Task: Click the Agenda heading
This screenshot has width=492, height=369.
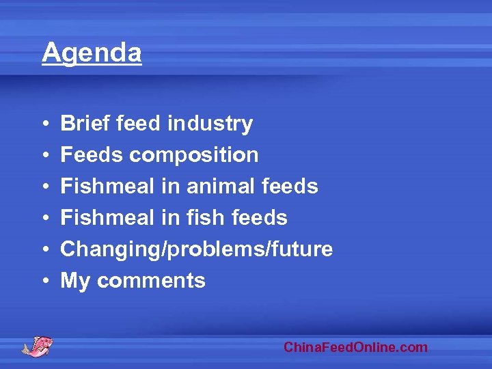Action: click(x=92, y=53)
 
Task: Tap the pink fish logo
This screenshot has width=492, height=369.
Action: click(x=37, y=345)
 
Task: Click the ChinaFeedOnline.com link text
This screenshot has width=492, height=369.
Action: click(x=355, y=347)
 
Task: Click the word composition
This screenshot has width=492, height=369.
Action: click(x=193, y=155)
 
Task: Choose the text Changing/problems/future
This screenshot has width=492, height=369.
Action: click(x=197, y=249)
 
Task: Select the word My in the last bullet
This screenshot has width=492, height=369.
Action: click(x=75, y=281)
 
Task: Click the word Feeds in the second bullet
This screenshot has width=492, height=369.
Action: click(x=92, y=155)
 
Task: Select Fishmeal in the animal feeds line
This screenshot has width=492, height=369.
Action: click(x=108, y=187)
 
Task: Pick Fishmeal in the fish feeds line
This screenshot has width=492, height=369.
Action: click(x=108, y=218)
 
